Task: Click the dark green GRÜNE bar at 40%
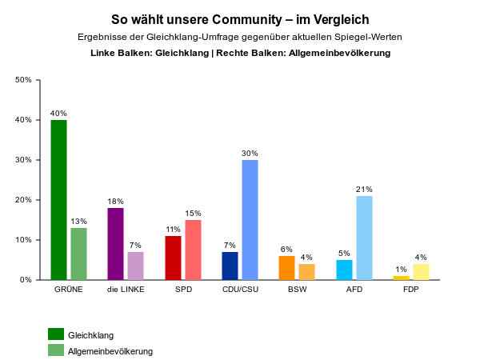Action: tap(58, 200)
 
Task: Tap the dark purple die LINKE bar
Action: tap(116, 244)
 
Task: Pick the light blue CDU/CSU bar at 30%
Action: tap(250, 220)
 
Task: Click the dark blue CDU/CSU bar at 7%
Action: tap(230, 266)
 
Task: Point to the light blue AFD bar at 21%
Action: tap(365, 238)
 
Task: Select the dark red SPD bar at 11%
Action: tap(174, 258)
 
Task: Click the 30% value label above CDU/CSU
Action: tap(250, 153)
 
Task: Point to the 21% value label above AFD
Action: tap(365, 189)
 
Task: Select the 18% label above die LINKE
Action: tap(116, 201)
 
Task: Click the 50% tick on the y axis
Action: tap(23, 80)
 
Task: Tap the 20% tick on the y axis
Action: tap(23, 200)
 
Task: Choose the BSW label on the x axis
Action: tap(297, 290)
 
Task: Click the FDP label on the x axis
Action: tap(411, 290)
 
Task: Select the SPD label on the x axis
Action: tap(183, 290)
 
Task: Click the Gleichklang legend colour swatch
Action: tap(56, 334)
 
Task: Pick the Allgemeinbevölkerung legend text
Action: tap(110, 351)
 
